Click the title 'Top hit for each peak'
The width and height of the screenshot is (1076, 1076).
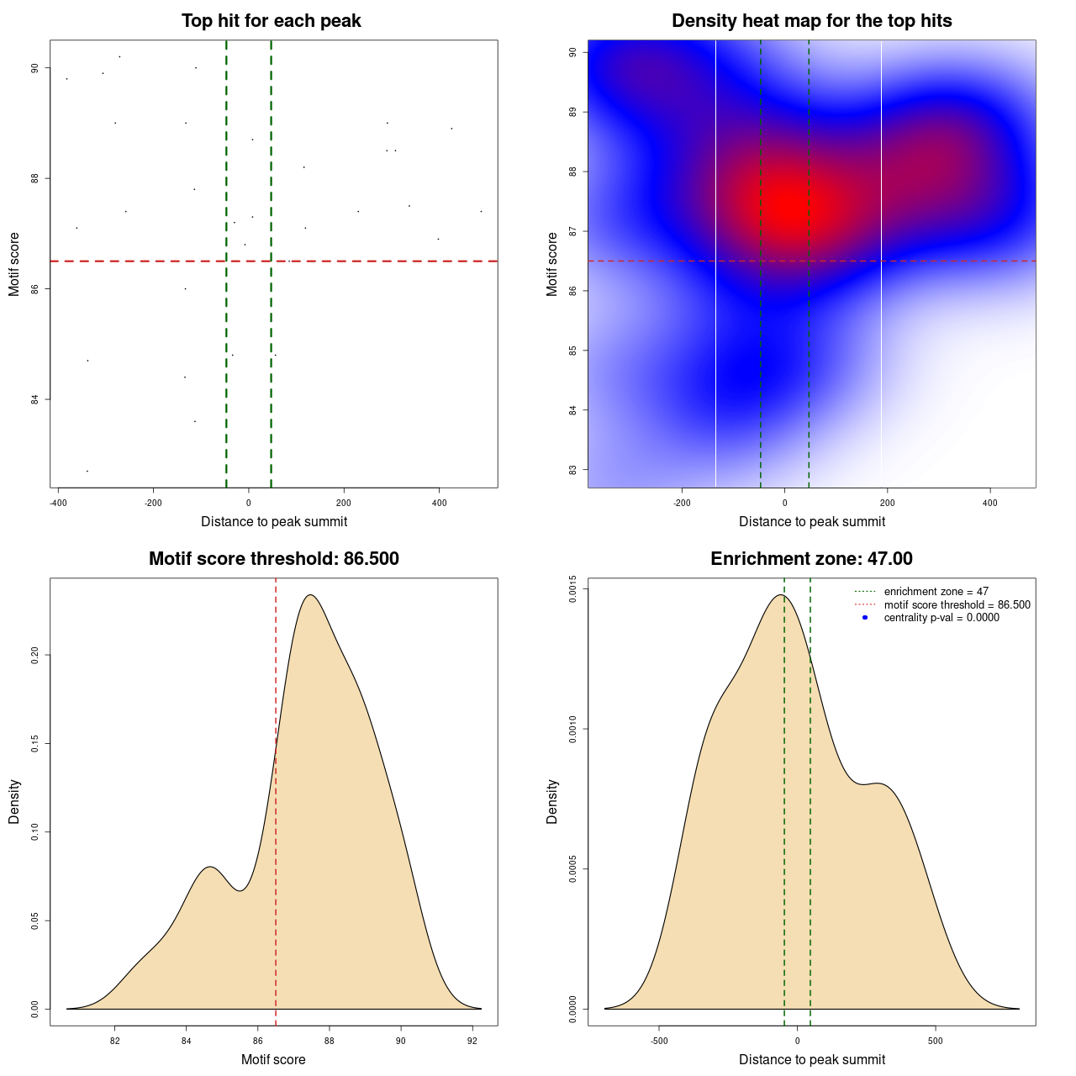[x=271, y=21]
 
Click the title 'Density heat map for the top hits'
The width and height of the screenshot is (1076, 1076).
[x=811, y=21]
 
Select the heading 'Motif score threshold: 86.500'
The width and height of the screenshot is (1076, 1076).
[x=273, y=559]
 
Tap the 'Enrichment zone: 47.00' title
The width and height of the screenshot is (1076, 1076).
[x=811, y=559]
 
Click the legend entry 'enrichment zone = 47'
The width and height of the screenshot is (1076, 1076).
[x=936, y=592]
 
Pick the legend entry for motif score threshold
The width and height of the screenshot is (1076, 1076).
[x=957, y=604]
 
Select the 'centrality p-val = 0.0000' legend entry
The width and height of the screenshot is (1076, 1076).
[x=941, y=618]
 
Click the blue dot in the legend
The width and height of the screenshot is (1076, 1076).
[x=864, y=618]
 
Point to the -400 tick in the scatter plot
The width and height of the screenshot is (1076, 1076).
[x=58, y=503]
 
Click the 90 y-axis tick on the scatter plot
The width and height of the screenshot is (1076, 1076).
[x=34, y=68]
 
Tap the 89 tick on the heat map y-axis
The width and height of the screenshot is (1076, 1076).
[x=572, y=112]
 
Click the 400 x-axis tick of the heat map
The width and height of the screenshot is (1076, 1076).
[x=989, y=503]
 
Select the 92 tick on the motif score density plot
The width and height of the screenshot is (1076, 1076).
[x=472, y=1041]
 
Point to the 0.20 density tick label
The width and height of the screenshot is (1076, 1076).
[x=34, y=655]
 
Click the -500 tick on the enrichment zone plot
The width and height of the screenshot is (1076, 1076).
[x=659, y=1041]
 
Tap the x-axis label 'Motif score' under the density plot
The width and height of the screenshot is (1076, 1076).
[x=273, y=1060]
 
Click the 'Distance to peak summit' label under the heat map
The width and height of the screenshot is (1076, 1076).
[x=811, y=522]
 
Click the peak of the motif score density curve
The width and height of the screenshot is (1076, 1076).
[x=311, y=595]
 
